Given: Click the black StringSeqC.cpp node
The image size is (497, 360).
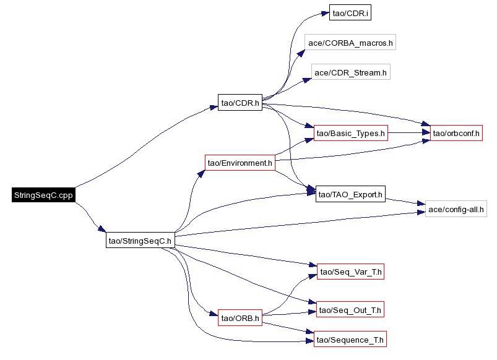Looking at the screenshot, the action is point(43,195).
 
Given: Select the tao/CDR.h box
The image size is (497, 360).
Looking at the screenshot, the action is point(240,102).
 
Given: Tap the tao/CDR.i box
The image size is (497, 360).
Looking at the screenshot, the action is point(350,12).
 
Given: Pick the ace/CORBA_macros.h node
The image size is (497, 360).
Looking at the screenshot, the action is point(350,43).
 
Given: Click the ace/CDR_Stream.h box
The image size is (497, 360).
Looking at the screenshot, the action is point(350,72).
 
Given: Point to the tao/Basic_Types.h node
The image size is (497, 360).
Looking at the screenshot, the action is point(350,133).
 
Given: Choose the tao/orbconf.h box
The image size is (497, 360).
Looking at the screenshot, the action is point(456,133).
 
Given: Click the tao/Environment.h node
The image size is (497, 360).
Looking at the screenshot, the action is point(240,163).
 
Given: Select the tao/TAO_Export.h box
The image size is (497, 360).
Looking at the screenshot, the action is point(350,194).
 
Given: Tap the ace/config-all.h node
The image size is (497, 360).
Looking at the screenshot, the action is point(456,209).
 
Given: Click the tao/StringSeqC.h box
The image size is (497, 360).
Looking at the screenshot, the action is point(140,240).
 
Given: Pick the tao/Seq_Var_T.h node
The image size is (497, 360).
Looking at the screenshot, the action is point(350,272).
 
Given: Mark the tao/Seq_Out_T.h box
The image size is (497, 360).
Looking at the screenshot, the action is point(350,310).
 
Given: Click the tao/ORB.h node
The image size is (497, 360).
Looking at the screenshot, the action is point(240,318).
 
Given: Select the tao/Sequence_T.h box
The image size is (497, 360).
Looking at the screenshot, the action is point(350,340).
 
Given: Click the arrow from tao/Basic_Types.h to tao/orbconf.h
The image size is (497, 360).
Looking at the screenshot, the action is point(409,133).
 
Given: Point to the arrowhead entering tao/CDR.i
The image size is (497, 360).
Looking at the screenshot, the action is point(325,14).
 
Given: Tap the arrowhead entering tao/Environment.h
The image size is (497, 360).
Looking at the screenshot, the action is point(202,173).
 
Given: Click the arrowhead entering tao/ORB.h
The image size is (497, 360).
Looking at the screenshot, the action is point(214,314).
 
